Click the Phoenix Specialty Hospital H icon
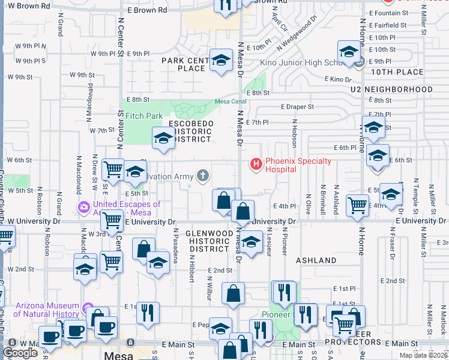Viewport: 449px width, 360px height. [256, 163]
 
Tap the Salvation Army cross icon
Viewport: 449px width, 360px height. [203, 175]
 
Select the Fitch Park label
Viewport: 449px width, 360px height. [144, 115]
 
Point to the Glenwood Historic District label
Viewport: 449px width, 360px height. [208, 241]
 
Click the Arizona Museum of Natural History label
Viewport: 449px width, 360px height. [46, 310]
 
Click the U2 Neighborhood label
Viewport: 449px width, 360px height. [392, 89]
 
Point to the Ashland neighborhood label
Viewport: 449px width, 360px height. [316, 260]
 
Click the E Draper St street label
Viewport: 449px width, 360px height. [297, 107]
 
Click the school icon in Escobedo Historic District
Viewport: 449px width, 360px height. [163, 139]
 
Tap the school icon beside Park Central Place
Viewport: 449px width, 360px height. [221, 59]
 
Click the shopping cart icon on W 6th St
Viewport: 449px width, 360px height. [113, 170]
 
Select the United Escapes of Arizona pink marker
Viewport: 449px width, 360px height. [83, 208]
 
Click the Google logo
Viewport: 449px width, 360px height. [20, 353]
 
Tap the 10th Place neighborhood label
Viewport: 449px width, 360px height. [397, 72]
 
